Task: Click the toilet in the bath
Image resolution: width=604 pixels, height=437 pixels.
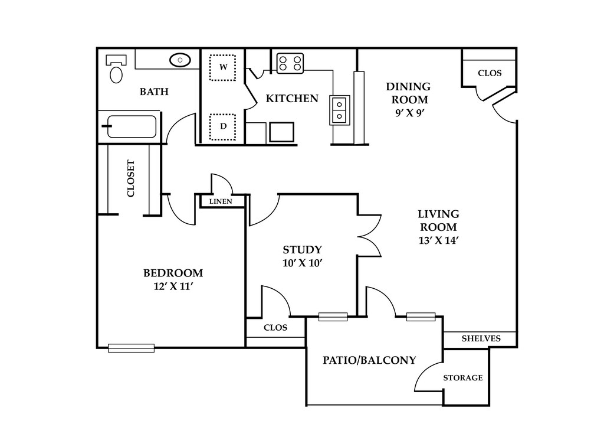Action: point(116,69)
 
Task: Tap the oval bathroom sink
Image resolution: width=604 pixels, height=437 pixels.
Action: point(180,60)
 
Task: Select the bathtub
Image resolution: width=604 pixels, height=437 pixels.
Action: point(132,126)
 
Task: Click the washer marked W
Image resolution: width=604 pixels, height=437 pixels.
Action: point(222,67)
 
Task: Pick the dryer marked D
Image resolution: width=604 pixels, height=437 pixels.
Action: point(222,127)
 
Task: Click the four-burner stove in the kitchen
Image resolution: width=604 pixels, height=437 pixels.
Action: point(290,63)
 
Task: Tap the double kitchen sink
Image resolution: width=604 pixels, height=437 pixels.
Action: point(339,110)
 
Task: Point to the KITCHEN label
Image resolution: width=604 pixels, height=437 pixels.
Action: point(292,99)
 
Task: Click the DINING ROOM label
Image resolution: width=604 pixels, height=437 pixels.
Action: point(408,93)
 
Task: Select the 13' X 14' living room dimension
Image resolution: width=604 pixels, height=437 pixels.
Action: point(438,240)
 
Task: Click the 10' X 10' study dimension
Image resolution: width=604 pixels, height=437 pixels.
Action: point(302,263)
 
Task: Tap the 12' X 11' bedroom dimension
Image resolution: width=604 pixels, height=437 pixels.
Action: point(173,286)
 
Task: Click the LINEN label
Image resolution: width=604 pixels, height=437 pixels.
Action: point(221,201)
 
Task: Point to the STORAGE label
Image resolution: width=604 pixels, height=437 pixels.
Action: point(462,378)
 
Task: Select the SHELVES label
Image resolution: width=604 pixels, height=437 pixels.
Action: point(481,338)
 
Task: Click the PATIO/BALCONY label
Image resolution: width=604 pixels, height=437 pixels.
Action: point(369,360)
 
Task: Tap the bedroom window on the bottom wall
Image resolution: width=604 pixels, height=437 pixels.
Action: point(132,348)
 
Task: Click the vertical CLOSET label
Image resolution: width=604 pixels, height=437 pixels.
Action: point(131,178)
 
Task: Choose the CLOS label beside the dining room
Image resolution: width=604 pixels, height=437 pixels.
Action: point(490,73)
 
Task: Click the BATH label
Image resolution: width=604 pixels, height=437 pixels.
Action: point(154,92)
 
